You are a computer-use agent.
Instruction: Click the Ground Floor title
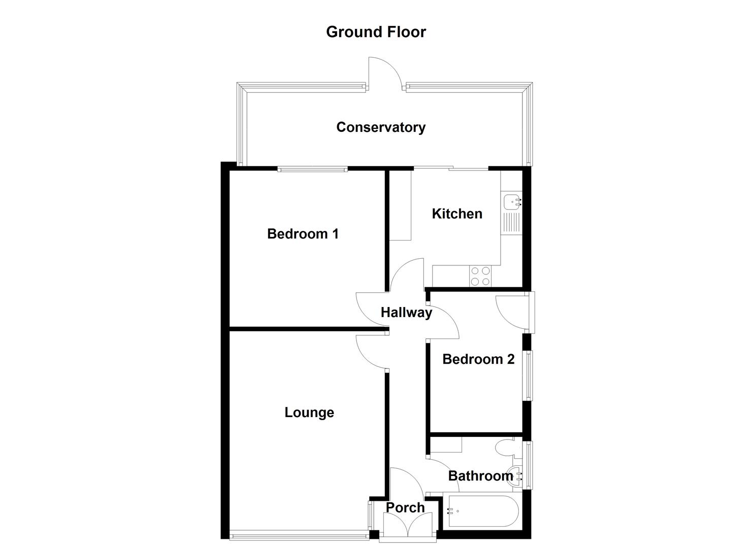tap(376, 31)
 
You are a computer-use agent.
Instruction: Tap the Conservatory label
tap(381, 127)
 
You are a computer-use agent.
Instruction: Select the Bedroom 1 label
tap(303, 233)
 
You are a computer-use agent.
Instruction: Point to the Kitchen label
tap(457, 214)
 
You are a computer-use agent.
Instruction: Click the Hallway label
tap(406, 312)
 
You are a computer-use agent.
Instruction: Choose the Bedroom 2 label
tap(478, 359)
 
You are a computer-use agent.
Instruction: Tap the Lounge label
tap(309, 412)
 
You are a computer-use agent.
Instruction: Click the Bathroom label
tap(480, 475)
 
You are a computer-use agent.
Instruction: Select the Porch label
tap(405, 507)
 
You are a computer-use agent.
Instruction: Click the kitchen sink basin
tap(510, 202)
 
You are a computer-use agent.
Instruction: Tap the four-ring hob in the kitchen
tap(480, 276)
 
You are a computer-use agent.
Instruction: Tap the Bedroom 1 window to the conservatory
tap(312, 169)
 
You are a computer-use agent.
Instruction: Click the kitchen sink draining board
tap(511, 223)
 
